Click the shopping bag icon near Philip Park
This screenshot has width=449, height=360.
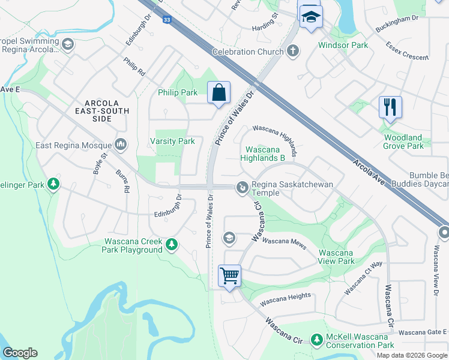point(218,93)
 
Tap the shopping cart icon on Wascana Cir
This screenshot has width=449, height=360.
point(229,276)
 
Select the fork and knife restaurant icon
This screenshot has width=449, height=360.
point(390,107)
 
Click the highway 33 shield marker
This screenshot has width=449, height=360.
point(166,19)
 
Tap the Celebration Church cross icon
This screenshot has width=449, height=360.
point(293,51)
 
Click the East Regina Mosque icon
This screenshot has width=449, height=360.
point(121,144)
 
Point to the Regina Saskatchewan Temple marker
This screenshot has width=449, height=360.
point(242,188)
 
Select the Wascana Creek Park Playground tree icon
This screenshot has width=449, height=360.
point(172,244)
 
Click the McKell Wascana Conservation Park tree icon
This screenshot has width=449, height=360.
point(317,340)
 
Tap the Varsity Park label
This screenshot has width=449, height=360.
point(172,142)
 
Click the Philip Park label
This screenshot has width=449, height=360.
point(178,93)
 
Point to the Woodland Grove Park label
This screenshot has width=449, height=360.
point(403,142)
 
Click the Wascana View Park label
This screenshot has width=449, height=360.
point(336,257)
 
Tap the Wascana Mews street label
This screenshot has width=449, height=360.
point(285,242)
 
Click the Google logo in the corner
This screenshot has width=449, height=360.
point(20,353)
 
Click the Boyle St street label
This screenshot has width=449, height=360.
point(100,164)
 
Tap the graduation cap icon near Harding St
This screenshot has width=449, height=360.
point(310,17)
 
